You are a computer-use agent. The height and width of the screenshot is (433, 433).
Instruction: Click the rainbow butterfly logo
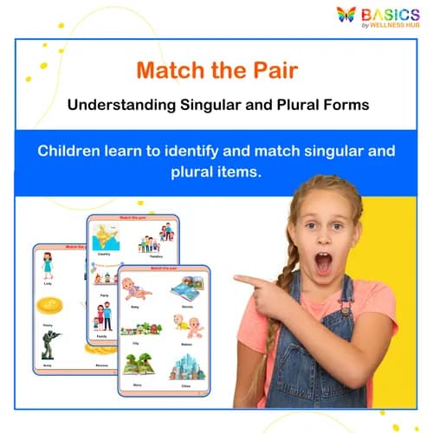[x=346, y=16]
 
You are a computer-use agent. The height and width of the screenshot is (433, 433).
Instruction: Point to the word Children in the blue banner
[x=69, y=151]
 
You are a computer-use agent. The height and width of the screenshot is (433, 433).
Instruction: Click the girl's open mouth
[x=323, y=261]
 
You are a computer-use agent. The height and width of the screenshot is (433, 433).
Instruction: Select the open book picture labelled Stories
[x=186, y=288]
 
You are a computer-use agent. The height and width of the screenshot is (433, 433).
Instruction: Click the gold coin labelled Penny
[x=48, y=306]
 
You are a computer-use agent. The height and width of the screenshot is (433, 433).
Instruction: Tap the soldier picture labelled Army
[x=48, y=344]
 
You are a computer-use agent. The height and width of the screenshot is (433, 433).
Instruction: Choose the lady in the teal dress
[x=48, y=266]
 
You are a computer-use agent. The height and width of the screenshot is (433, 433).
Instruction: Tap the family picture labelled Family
[x=102, y=316]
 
